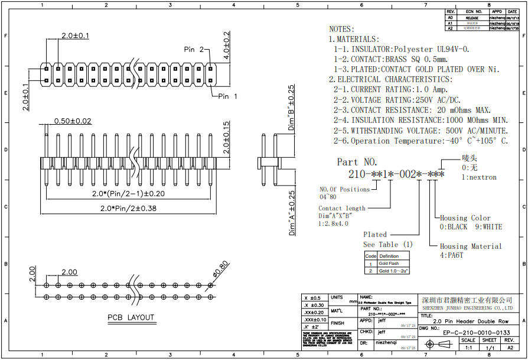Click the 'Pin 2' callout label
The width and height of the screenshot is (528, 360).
[194, 50]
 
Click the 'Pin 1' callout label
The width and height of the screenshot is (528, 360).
[227, 96]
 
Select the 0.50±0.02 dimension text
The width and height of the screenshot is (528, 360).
[73, 121]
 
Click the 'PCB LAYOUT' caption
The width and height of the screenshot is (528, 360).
[131, 317]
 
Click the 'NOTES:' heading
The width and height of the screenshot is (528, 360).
[341, 29]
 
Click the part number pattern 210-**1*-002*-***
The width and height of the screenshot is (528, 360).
[396, 175]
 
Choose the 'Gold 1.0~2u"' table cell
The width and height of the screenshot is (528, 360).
[393, 270]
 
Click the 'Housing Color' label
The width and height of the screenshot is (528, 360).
[465, 218]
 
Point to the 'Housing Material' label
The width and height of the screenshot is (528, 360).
[471, 247]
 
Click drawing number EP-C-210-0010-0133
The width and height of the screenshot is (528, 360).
[477, 332]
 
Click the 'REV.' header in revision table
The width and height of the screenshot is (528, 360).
[450, 12]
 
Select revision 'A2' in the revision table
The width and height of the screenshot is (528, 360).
[450, 28]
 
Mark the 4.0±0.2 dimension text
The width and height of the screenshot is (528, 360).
[226, 43]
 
